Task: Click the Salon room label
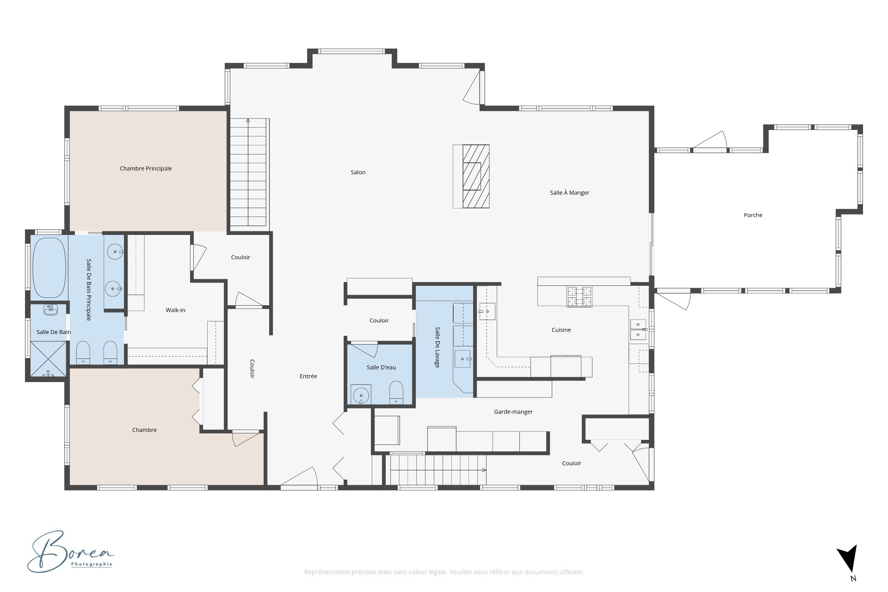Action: [358, 173]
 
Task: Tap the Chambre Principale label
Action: [146, 169]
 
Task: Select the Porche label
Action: [753, 215]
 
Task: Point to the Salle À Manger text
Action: [569, 192]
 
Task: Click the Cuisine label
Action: [561, 330]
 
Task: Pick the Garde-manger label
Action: [513, 412]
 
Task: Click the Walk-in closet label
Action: [175, 310]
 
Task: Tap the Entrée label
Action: [308, 376]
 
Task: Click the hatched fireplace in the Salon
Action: [471, 176]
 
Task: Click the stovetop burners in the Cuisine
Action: [580, 296]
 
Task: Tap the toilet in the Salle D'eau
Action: [396, 393]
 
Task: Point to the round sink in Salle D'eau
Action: [361, 396]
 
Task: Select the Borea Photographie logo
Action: [70, 551]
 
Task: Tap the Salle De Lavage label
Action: [438, 347]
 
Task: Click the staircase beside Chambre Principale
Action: [249, 173]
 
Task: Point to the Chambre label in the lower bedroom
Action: [144, 430]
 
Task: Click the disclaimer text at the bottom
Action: [444, 572]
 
